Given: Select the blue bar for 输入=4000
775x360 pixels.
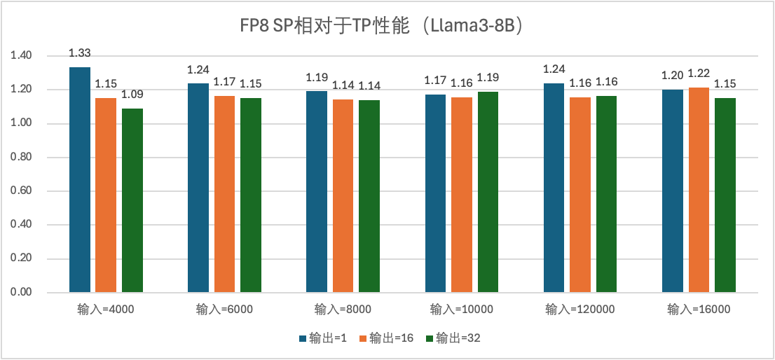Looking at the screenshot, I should pos(80,179).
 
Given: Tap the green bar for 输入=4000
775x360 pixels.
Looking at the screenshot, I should pos(132,200).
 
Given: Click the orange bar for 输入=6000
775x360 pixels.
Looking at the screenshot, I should pos(224,194).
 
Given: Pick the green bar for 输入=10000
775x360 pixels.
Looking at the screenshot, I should pos(488,192).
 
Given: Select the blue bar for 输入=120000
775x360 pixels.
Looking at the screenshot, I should pos(554,188).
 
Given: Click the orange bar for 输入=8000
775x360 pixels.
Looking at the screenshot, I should pos(343,196).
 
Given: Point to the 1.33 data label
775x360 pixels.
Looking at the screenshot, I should pos(80,53).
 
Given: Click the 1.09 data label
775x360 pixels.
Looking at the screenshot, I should pos(132,95).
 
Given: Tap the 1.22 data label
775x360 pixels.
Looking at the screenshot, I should pos(699,74).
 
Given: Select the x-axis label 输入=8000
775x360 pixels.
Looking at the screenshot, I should pos(343,310).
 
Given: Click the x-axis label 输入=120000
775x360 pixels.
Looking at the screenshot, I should pos(581,310).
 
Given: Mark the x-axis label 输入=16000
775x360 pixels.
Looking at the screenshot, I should pos(699,310).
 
